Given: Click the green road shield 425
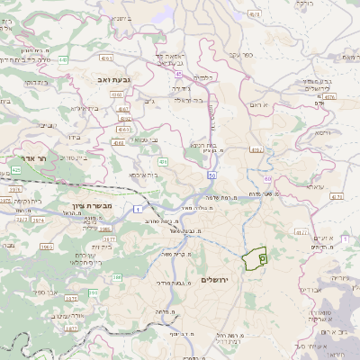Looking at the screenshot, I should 16,168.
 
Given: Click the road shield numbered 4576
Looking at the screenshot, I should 329,96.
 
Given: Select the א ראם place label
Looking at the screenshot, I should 261,106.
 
